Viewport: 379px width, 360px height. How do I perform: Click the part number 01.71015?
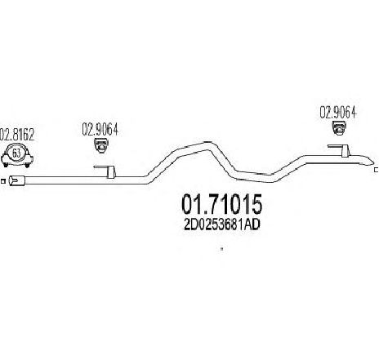click(222, 204)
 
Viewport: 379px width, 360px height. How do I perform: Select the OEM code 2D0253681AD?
click(222, 224)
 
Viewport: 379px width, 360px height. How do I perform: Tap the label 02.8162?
click(18, 135)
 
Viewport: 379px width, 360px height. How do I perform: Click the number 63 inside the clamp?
click(16, 153)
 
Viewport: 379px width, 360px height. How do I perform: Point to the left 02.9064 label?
click(100, 129)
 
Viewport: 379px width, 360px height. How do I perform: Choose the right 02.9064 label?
click(338, 112)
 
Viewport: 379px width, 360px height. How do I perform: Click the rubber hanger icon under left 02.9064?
click(100, 145)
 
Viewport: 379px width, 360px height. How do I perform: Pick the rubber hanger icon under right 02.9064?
click(339, 128)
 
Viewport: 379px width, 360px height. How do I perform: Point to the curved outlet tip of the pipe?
click(369, 162)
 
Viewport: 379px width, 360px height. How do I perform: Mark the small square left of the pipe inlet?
click(3, 181)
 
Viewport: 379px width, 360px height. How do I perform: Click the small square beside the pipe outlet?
click(377, 171)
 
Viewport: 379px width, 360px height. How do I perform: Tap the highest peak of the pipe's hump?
click(207, 142)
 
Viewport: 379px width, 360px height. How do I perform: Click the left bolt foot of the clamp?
click(5, 164)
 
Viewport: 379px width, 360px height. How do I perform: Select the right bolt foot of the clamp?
click(27, 164)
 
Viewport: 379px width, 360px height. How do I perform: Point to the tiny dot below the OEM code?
click(222, 248)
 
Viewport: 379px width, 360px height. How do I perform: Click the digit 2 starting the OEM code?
click(188, 224)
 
